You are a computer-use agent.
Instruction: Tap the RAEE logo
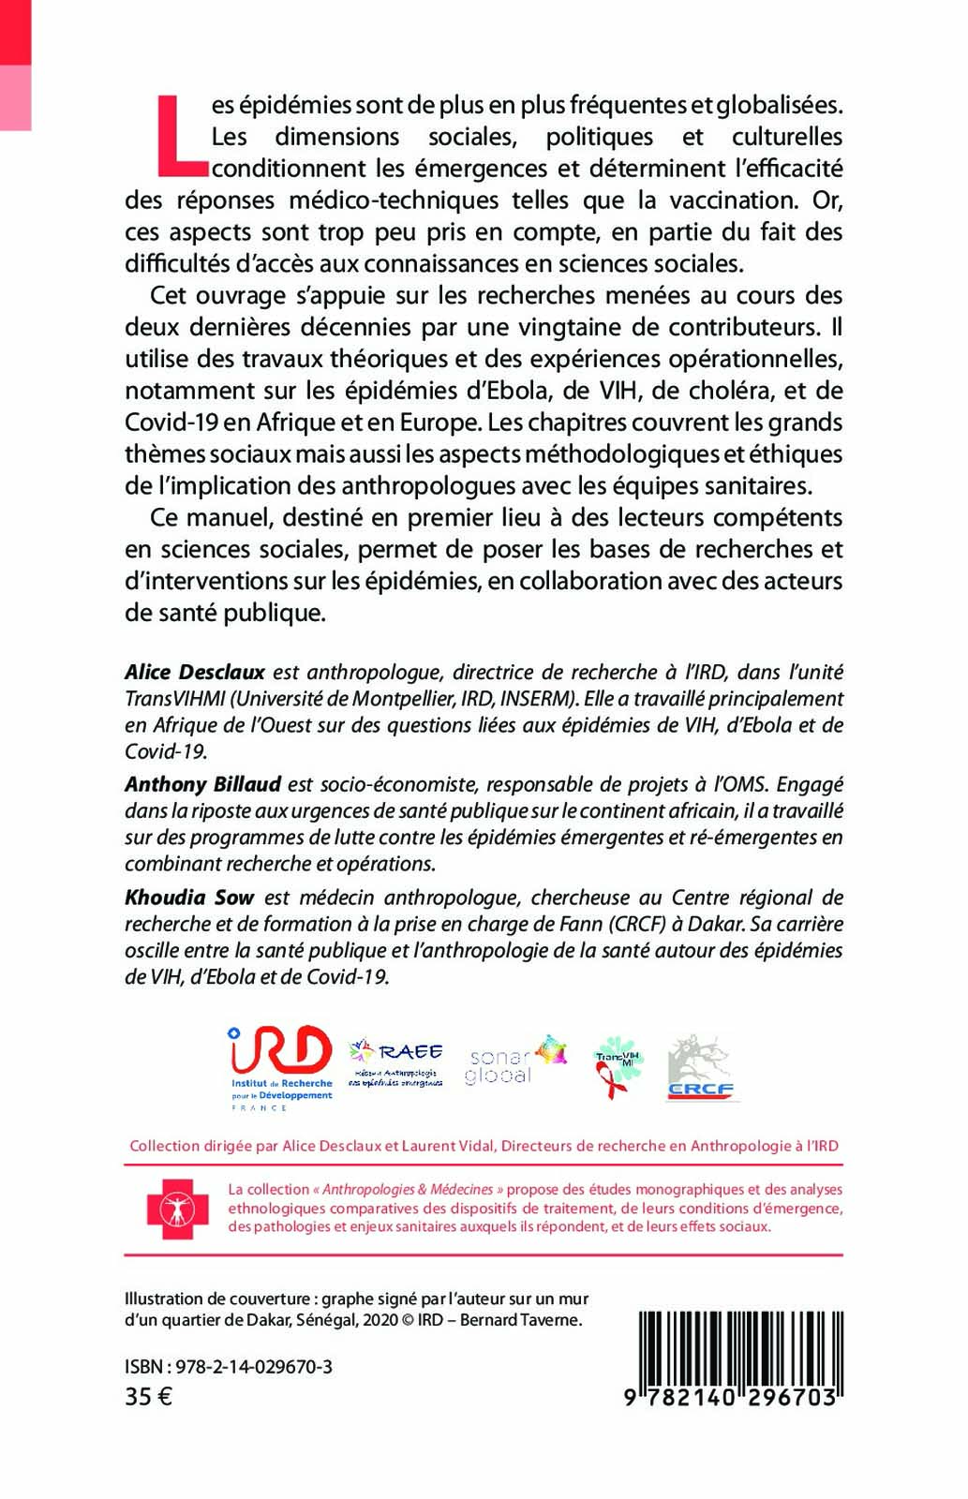[x=395, y=1062]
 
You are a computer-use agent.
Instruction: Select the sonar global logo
[x=515, y=1061]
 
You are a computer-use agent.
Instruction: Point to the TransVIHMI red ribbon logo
[x=618, y=1066]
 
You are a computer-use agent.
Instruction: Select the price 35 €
[x=149, y=1397]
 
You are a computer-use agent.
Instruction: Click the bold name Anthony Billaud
[x=203, y=784]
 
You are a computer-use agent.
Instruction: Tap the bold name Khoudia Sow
[x=189, y=897]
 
